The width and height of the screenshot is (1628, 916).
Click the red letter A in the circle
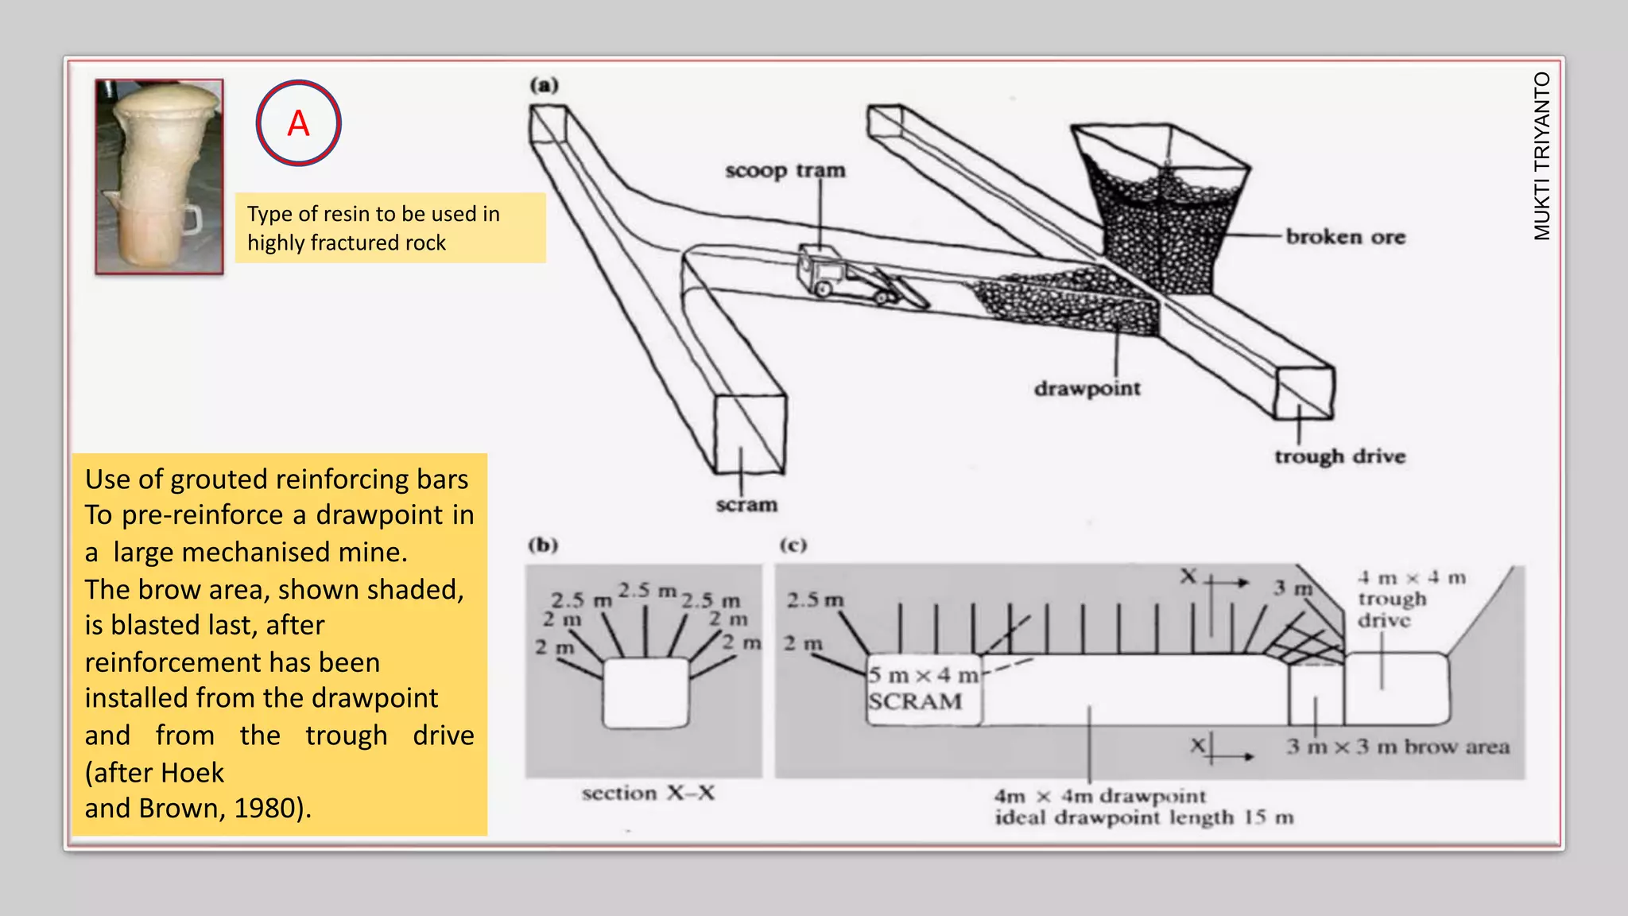click(298, 123)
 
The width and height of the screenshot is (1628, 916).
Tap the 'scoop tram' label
click(785, 170)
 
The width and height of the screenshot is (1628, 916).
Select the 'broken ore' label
click(1345, 237)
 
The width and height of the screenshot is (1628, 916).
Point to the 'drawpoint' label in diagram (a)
click(1087, 389)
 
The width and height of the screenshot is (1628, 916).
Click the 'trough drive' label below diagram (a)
click(1339, 456)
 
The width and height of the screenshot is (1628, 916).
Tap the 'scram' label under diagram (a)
click(746, 505)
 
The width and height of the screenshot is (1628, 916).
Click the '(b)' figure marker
click(544, 545)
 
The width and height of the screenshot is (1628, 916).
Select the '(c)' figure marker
click(793, 545)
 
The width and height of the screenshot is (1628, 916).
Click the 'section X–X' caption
click(648, 793)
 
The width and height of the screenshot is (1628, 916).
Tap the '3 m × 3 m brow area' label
click(1397, 747)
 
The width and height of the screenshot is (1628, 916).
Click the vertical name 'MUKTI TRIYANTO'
click(1541, 156)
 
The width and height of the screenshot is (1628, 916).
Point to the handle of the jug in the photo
click(191, 219)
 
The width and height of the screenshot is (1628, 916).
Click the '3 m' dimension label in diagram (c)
click(1292, 588)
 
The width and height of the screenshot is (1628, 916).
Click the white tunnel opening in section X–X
click(645, 692)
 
